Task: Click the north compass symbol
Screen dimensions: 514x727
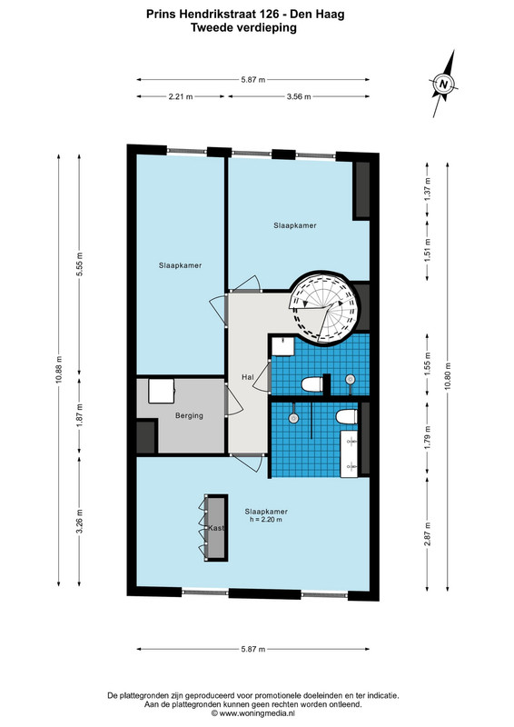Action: pos(443,84)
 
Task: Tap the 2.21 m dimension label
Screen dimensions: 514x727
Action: pos(181,97)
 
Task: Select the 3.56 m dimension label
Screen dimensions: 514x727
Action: pos(299,97)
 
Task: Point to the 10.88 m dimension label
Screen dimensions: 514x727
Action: pos(59,370)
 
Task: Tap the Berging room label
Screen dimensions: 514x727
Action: pos(189,416)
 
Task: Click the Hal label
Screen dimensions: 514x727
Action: pos(248,377)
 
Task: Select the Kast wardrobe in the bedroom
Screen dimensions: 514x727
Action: pos(216,528)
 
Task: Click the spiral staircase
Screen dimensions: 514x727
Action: pos(324,307)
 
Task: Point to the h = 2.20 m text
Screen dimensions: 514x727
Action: pos(265,520)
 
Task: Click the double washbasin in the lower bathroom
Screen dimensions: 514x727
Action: pos(349,453)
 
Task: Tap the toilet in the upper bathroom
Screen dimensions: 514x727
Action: pos(311,383)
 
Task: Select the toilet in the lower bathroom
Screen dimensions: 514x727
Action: pos(347,416)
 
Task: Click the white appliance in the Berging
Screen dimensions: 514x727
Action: pos(162,392)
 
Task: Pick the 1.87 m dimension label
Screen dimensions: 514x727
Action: pos(79,414)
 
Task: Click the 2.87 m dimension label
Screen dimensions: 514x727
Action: pos(428,533)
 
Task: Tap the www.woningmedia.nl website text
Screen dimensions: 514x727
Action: pos(257,713)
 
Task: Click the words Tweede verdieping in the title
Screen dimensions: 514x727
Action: pos(243,28)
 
